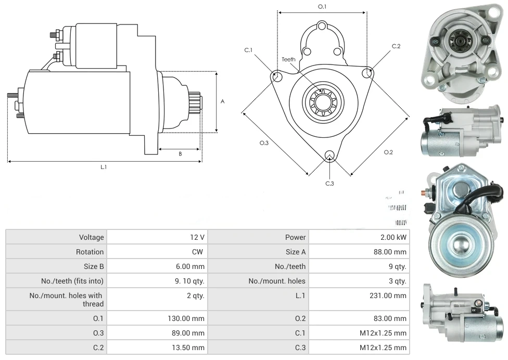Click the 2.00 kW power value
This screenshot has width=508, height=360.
(393, 237)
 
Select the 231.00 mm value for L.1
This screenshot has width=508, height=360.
(385, 295)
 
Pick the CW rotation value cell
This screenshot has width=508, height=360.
(198, 252)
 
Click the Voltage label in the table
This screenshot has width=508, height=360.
(91, 237)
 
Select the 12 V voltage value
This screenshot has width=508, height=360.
(197, 237)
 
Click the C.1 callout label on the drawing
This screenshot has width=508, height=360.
(248, 50)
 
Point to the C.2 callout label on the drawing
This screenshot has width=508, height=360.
(396, 46)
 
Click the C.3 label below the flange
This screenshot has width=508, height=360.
(329, 183)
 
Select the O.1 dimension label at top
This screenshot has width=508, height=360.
(322, 7)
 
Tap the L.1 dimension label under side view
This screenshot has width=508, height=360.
(104, 167)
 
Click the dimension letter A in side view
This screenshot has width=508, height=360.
(222, 101)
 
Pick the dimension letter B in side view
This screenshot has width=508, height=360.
(180, 153)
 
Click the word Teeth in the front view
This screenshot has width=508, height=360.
(288, 59)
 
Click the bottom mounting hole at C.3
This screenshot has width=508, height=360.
(329, 155)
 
